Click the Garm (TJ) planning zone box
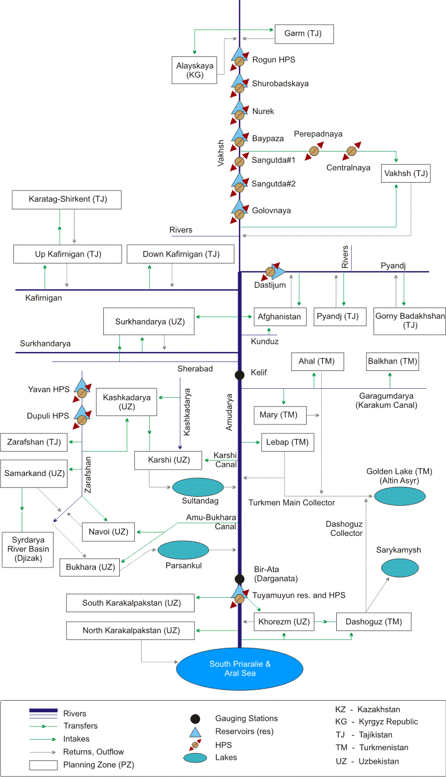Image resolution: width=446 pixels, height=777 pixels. pos(304,34)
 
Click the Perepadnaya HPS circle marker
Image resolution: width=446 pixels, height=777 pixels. pos(314,151)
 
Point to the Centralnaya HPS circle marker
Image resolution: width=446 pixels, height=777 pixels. pos(352,151)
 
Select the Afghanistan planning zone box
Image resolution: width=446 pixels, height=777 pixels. pos(280,317)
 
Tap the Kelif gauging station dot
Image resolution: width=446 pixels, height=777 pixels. pos(240,375)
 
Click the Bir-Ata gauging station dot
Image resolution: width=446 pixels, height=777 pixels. pos(240,579)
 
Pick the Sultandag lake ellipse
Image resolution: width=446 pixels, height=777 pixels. pos(201,488)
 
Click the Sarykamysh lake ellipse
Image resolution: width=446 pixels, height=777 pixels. pos(400,568)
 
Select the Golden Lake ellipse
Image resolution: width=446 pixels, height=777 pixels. pos(400,495)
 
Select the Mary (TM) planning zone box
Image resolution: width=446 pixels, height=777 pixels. pos(279,415)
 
